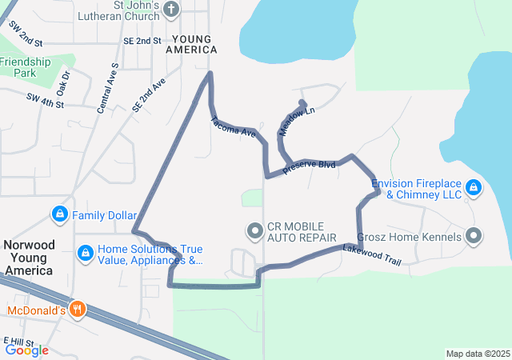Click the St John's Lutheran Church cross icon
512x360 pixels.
tap(171, 10)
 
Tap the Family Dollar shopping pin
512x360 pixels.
tap(59, 214)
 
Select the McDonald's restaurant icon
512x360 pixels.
tap(77, 309)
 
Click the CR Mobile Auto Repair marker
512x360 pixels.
tap(255, 232)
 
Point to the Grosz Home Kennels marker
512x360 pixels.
tap(474, 236)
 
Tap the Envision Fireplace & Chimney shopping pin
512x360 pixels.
tap(474, 187)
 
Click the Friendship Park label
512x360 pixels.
tap(26, 66)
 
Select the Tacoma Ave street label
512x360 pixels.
tap(234, 127)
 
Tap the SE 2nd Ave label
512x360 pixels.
tap(150, 94)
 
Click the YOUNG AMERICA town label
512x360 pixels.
tap(192, 44)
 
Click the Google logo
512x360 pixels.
tap(27, 350)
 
